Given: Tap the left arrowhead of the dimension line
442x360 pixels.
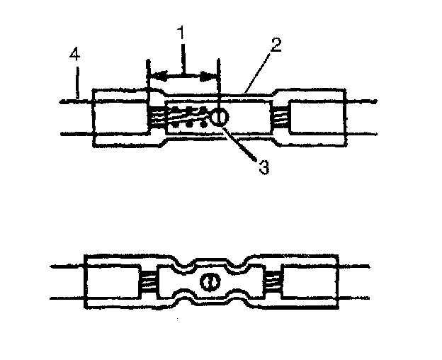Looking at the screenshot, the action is (x=157, y=75).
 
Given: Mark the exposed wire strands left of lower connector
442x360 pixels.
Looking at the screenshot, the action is (x=148, y=281).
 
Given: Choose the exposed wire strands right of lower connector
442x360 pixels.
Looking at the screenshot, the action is (x=273, y=281).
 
